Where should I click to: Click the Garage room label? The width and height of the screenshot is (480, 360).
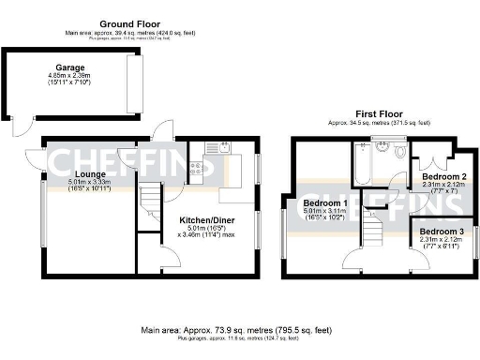[x=71, y=67]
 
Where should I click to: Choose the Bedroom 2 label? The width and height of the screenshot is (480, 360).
[x=443, y=176]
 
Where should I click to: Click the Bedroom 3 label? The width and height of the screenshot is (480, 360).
[x=442, y=231]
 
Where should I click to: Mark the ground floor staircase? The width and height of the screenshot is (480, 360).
[x=148, y=199]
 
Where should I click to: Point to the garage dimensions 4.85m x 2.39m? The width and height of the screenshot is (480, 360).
[x=71, y=75]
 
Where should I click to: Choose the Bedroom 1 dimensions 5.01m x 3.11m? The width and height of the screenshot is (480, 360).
[x=325, y=213]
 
